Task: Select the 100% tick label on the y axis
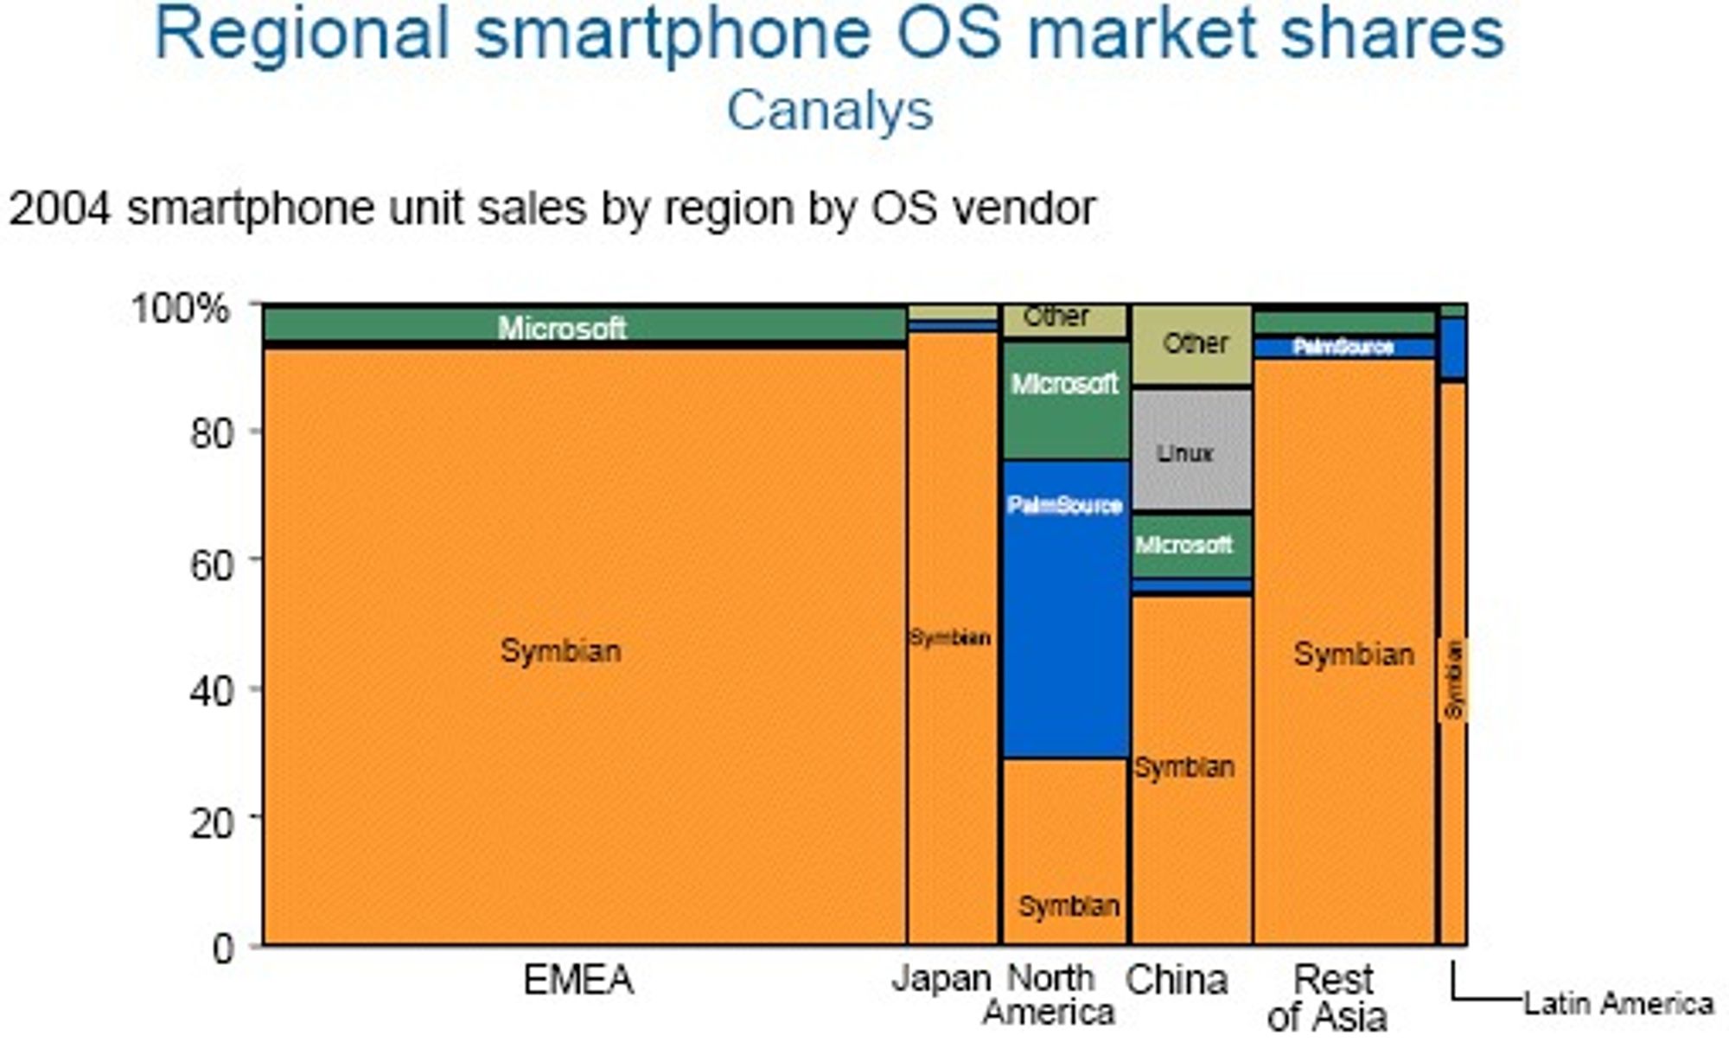coord(180,308)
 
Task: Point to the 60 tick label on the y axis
coord(212,565)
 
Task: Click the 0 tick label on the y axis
coord(223,949)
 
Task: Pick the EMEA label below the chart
coord(578,981)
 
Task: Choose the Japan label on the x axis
coord(941,979)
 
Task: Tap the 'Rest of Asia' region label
coord(1329,998)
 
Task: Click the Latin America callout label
coord(1618,1003)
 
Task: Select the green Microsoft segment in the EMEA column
coord(584,325)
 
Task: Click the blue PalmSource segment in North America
coord(1066,609)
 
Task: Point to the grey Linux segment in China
coord(1191,450)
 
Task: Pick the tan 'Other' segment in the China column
coord(1191,345)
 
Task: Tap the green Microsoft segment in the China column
coord(1191,546)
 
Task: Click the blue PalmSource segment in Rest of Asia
coord(1344,348)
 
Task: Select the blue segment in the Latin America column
coord(1453,348)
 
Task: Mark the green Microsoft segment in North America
coord(1066,400)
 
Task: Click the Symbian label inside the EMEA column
coord(561,650)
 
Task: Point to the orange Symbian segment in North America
coord(1066,852)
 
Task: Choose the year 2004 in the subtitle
coord(60,208)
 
